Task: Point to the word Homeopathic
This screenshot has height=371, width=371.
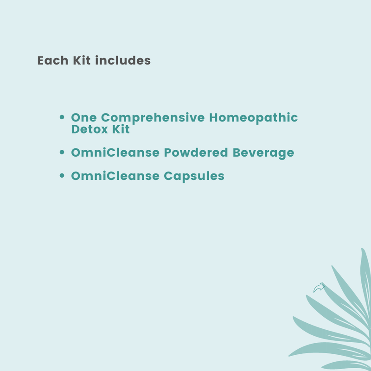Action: pos(254,118)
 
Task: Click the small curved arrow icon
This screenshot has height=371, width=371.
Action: pos(319,288)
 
